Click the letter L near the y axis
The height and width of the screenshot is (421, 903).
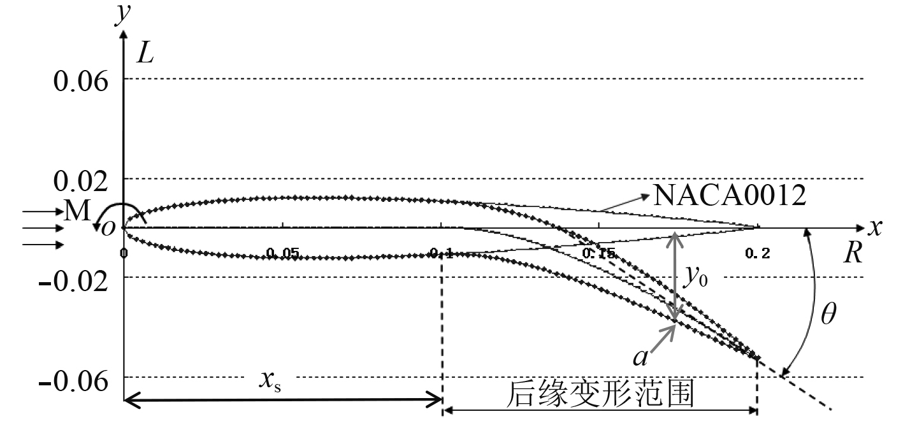(146, 55)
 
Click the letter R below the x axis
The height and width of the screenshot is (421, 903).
(853, 254)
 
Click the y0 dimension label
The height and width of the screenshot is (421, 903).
(695, 278)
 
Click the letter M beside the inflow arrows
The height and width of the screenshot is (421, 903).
(76, 212)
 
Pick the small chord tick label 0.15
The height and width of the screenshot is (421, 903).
(598, 254)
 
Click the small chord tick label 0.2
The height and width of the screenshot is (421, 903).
(757, 254)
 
